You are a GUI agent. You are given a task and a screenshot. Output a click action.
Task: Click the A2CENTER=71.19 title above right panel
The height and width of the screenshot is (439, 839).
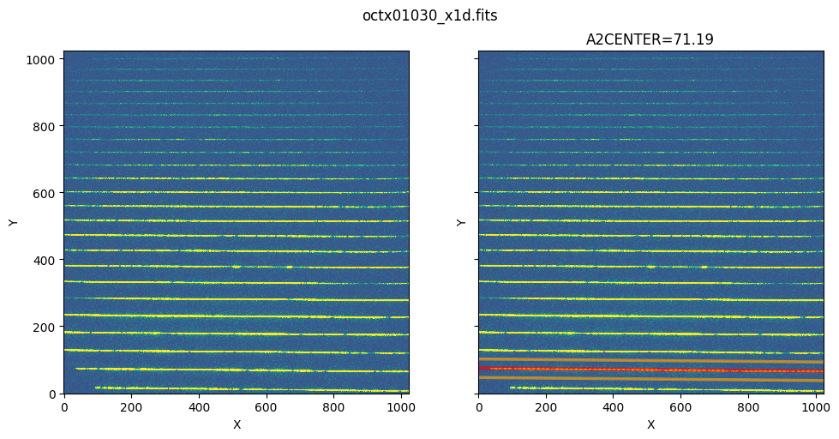point(650,39)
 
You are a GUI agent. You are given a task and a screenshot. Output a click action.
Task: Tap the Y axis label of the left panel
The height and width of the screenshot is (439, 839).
point(13,222)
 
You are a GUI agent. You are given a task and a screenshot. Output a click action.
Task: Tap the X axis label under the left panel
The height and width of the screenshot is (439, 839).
point(237,424)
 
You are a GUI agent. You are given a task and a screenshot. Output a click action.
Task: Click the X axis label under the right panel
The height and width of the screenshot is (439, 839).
point(650,424)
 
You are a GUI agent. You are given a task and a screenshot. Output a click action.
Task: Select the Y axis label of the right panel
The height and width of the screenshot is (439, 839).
point(462,222)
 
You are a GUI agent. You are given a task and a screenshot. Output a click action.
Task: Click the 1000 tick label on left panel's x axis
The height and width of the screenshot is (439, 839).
point(401,406)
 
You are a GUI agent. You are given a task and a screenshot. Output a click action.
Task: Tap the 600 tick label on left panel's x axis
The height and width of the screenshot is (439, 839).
point(267,406)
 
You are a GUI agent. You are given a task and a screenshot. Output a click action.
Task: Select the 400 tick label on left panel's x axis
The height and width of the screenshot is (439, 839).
point(199,406)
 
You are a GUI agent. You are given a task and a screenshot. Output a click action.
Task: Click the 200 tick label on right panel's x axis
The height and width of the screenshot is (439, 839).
point(546,406)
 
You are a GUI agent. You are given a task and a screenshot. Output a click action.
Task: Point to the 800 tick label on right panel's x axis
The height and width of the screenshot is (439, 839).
point(748,406)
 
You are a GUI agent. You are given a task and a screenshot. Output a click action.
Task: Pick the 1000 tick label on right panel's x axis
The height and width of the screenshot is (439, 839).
point(816,406)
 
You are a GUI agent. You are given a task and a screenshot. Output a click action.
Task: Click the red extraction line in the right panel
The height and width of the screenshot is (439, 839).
point(650,370)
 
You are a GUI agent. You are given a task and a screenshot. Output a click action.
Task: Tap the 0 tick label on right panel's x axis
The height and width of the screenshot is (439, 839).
point(478,406)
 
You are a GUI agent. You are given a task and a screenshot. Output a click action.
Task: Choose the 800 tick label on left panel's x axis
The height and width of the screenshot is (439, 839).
point(333,406)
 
